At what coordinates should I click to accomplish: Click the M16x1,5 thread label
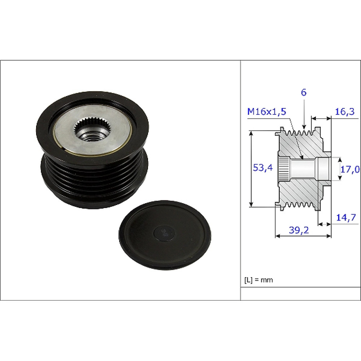click(x=266, y=112)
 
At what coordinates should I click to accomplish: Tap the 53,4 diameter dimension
click(x=263, y=168)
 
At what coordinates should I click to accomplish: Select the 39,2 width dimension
click(x=299, y=230)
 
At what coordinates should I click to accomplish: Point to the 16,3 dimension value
click(x=344, y=112)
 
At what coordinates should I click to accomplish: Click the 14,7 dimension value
click(x=346, y=217)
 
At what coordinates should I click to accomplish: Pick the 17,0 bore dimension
click(x=350, y=169)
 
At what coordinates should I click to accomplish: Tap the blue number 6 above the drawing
click(x=304, y=92)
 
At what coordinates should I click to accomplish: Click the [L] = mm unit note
click(x=258, y=280)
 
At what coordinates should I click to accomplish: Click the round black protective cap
click(x=165, y=235)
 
